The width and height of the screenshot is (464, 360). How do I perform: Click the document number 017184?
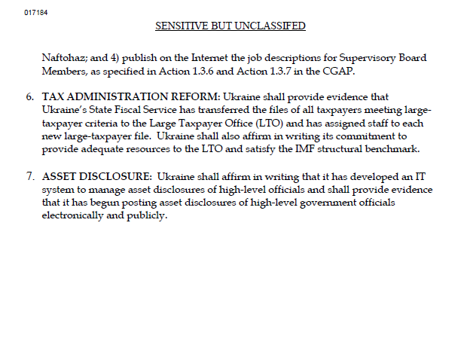pos(35,12)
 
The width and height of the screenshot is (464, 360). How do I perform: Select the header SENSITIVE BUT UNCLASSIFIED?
pos(230,26)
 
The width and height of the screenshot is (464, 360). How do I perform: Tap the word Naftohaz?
pos(63,58)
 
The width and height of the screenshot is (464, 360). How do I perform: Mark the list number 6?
pos(30,98)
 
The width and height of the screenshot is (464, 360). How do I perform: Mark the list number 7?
pos(30,176)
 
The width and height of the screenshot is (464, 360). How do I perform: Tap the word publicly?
pos(146,214)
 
